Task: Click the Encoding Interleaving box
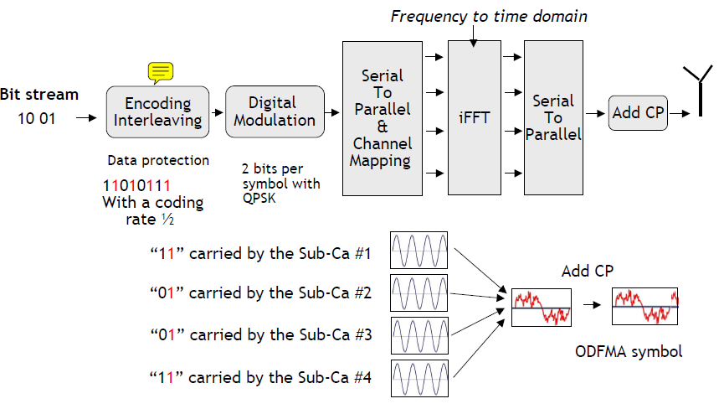(157, 111)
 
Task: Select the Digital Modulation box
(274, 111)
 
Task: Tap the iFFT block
(473, 116)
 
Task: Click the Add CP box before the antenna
(638, 112)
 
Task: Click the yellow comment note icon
(161, 72)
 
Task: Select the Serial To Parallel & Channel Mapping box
(382, 117)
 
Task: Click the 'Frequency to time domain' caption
(489, 16)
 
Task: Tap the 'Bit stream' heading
(39, 94)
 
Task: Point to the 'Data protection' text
(158, 160)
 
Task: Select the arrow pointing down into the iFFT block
(473, 34)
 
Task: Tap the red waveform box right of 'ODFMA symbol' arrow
(644, 308)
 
